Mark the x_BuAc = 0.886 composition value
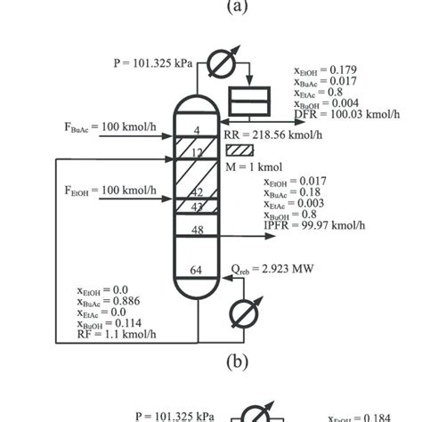(x=111, y=303)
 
